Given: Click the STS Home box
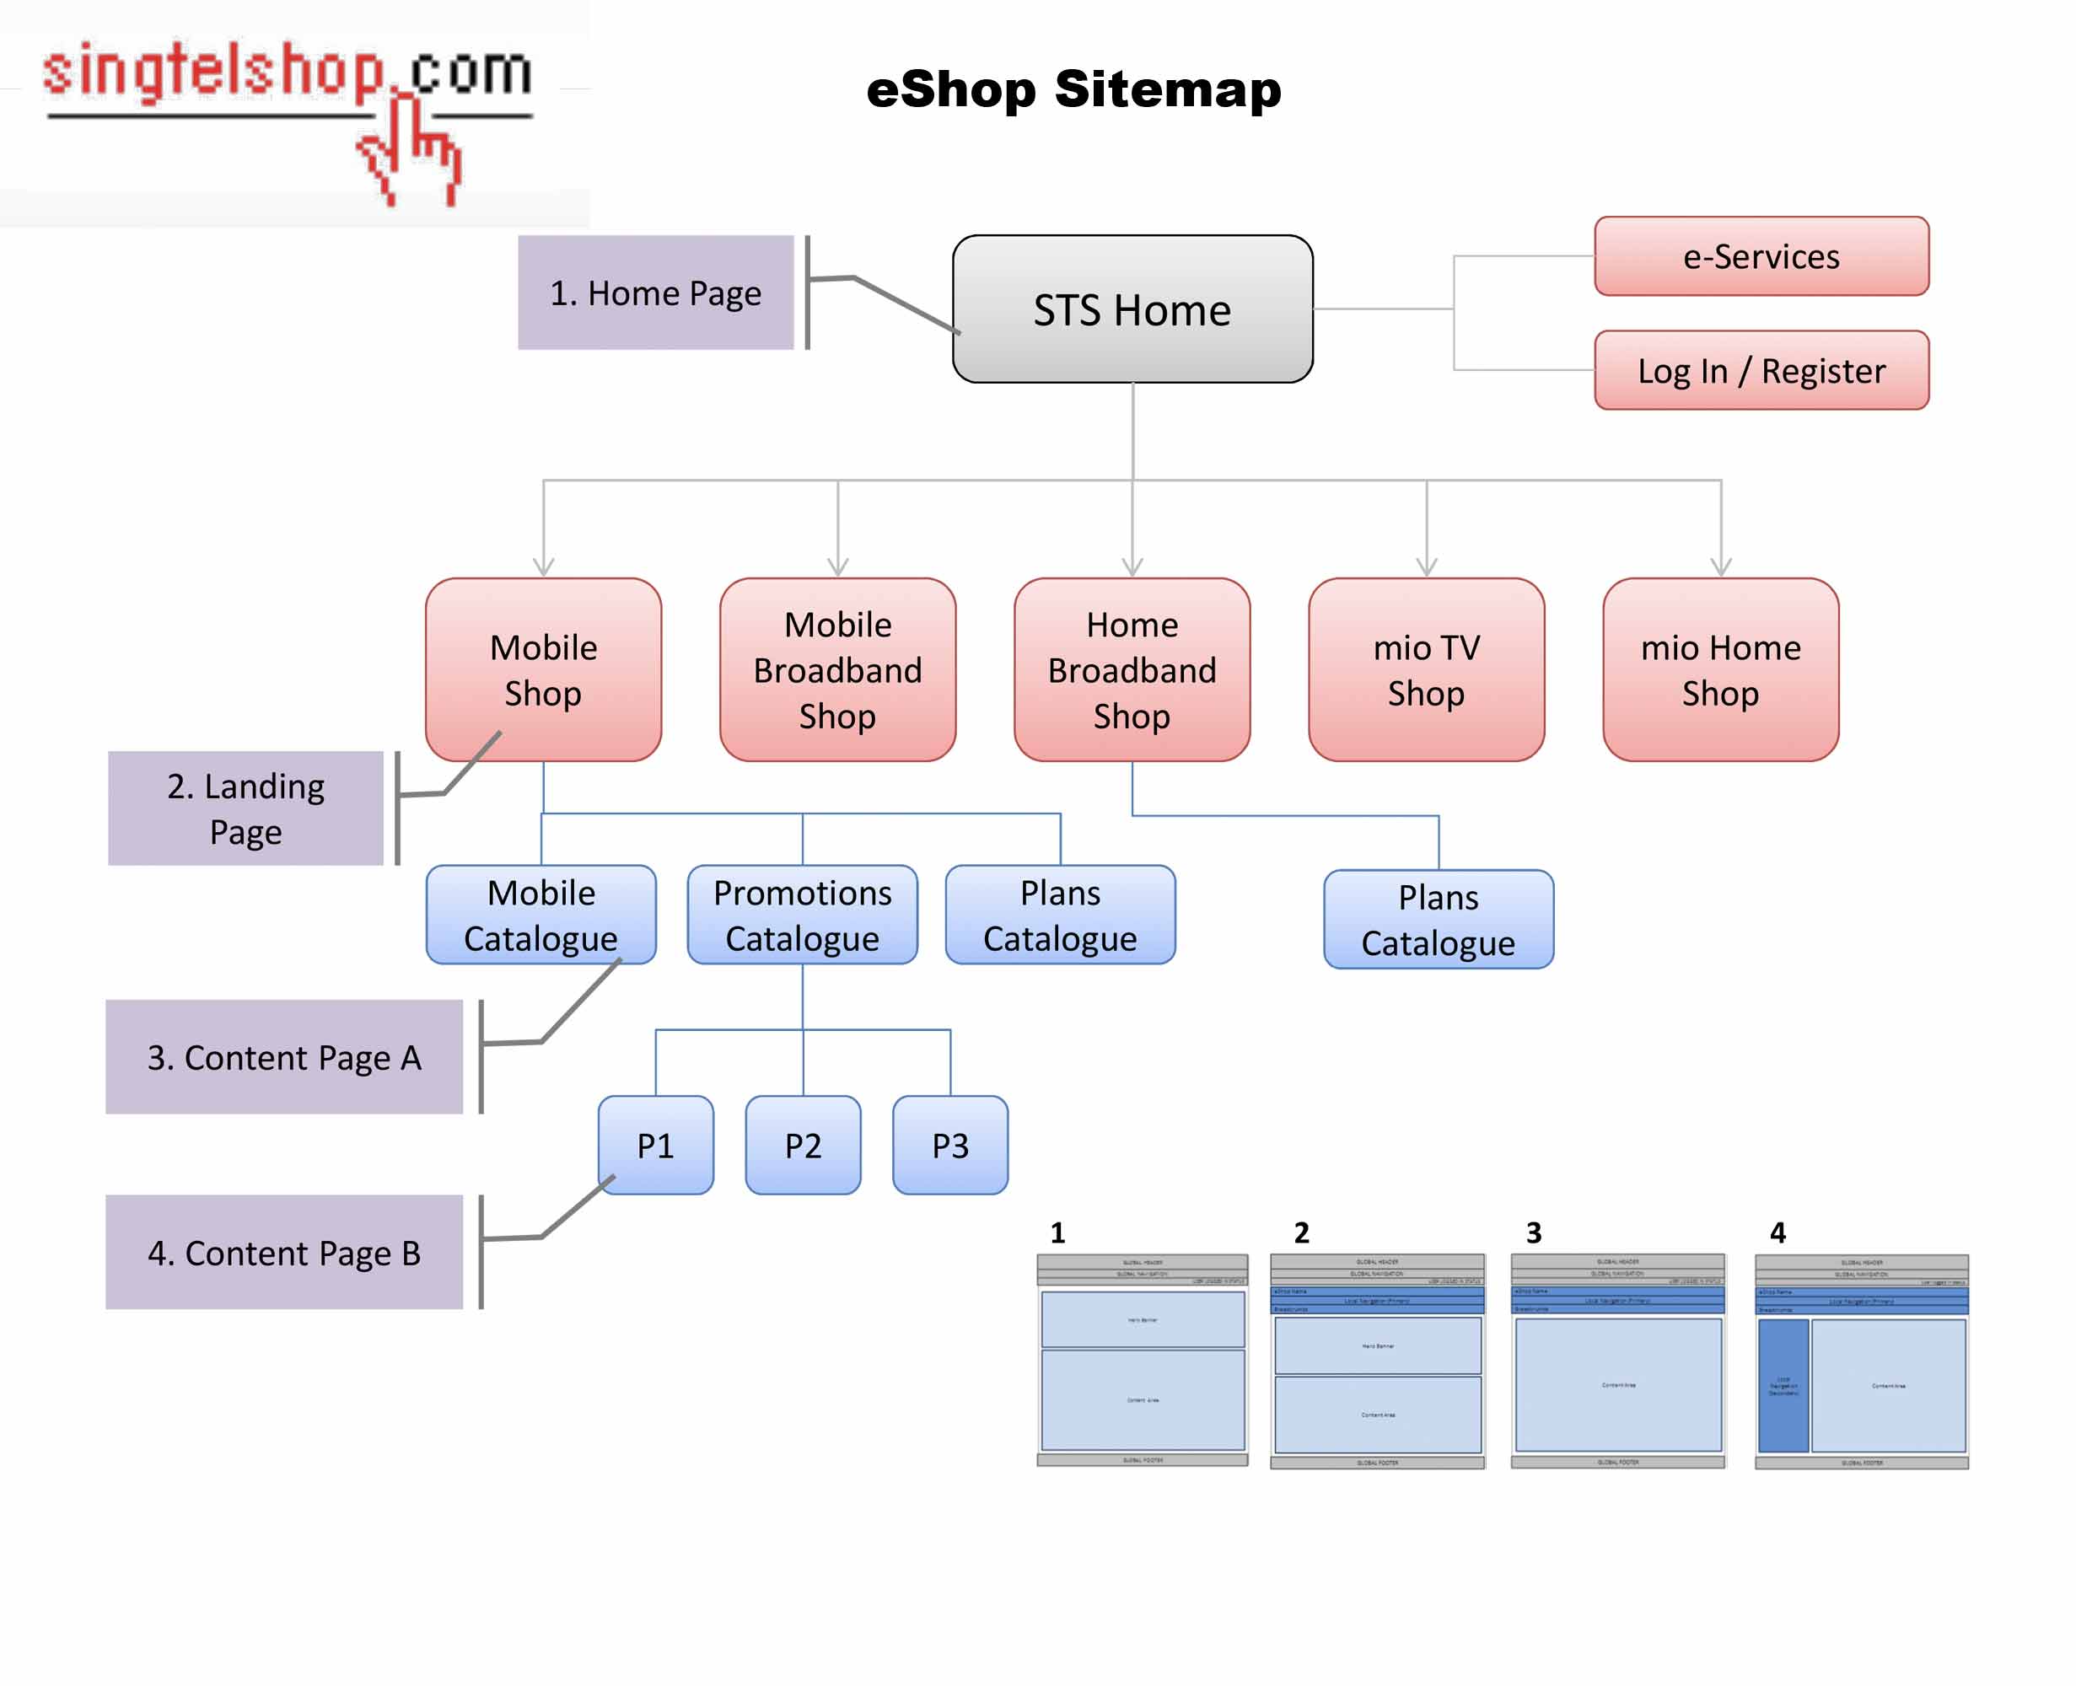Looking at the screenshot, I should pyautogui.click(x=1132, y=309).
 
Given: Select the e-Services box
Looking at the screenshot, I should pyautogui.click(x=1761, y=256).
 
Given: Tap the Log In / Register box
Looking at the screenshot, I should pyautogui.click(x=1761, y=370).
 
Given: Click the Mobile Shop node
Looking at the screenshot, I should pyautogui.click(x=543, y=669).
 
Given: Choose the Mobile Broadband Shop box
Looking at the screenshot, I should pyautogui.click(x=837, y=669).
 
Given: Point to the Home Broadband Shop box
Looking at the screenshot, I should pyautogui.click(x=1132, y=669).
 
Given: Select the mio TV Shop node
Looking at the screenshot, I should pyautogui.click(x=1425, y=669).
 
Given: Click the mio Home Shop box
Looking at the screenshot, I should pyautogui.click(x=1719, y=669).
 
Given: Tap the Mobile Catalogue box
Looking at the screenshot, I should pyautogui.click(x=541, y=915).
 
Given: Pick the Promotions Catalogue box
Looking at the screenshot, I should pyautogui.click(x=803, y=915).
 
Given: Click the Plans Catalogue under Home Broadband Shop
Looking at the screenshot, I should pyautogui.click(x=1438, y=919).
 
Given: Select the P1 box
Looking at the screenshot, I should pyautogui.click(x=656, y=1145).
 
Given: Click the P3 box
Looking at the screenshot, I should pyautogui.click(x=950, y=1145).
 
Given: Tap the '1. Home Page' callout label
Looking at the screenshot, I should pyautogui.click(x=656, y=293).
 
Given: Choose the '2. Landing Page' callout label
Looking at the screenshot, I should pyautogui.click(x=245, y=808).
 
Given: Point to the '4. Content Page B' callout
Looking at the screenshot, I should pyautogui.click(x=283, y=1252).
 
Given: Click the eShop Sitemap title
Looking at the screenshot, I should pyautogui.click(x=1073, y=89).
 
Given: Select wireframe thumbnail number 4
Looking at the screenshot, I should pyautogui.click(x=1860, y=1361).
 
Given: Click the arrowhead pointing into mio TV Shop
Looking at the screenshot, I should pyautogui.click(x=1426, y=566).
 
